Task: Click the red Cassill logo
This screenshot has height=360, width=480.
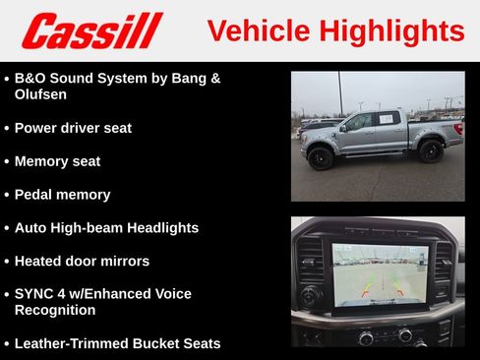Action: point(92,30)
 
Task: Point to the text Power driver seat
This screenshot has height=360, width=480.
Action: point(73,128)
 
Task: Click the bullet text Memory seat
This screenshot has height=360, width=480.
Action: point(57,161)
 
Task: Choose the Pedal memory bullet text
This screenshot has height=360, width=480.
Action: point(62,195)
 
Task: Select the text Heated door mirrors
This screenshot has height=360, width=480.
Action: point(82,261)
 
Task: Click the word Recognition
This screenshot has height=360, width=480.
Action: point(55,310)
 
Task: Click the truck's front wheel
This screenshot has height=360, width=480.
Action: point(321,157)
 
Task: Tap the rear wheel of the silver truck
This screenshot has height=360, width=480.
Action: point(429,150)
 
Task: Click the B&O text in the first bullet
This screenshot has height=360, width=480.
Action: point(30,77)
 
